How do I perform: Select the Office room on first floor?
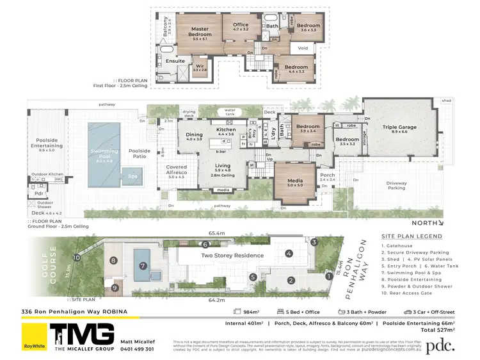[240, 26]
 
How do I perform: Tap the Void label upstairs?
[303, 47]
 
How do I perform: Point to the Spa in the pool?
[133, 176]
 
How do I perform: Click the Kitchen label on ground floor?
[226, 131]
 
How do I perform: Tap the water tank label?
[226, 111]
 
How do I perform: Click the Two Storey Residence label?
[232, 255]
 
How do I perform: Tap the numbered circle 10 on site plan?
[77, 258]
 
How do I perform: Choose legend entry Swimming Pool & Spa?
[419, 274]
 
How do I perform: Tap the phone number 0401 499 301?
[138, 349]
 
